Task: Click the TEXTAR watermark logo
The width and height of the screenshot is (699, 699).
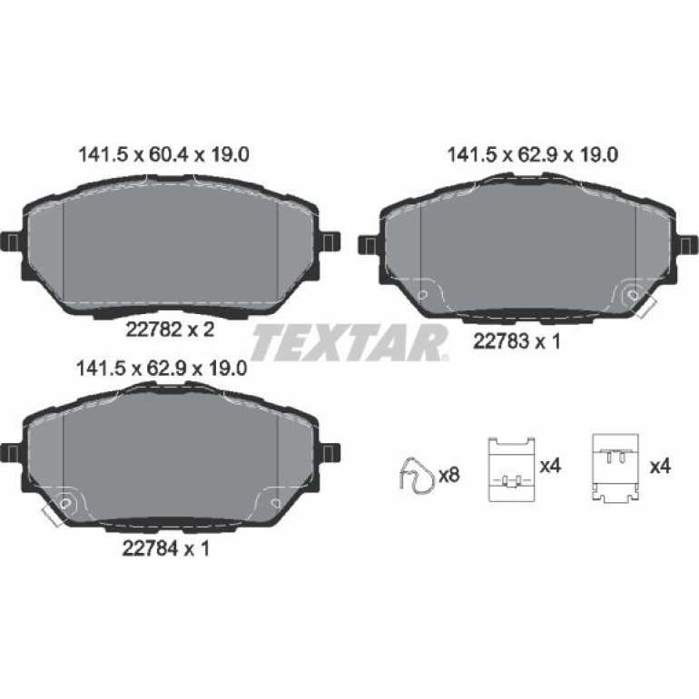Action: pyautogui.click(x=349, y=342)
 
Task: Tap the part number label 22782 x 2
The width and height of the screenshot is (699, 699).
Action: pyautogui.click(x=171, y=330)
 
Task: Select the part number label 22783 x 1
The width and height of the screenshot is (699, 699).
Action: pyautogui.click(x=517, y=341)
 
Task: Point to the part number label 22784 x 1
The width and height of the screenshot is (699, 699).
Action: pyautogui.click(x=166, y=548)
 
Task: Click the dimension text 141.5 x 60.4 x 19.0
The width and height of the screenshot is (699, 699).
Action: pyautogui.click(x=163, y=154)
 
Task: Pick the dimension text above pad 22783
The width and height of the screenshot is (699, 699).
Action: pyautogui.click(x=532, y=154)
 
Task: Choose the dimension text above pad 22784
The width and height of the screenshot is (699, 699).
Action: pyautogui.click(x=162, y=369)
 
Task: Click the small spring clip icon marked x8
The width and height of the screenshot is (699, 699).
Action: pyautogui.click(x=416, y=476)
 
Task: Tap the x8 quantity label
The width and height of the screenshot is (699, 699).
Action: pyautogui.click(x=449, y=475)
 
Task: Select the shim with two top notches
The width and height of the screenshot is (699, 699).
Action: pyautogui.click(x=511, y=468)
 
